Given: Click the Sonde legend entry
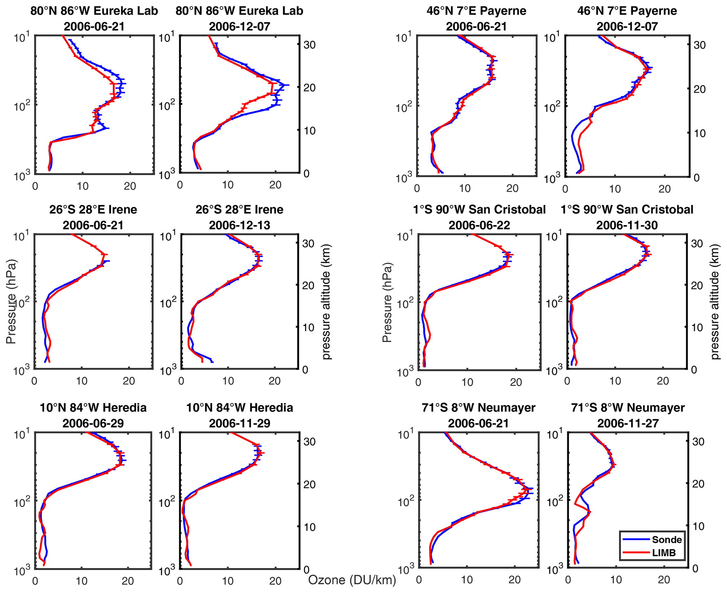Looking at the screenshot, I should click(666, 540).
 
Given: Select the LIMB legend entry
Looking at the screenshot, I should click(664, 553).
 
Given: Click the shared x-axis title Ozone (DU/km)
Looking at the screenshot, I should click(352, 580).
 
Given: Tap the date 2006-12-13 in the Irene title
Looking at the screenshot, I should click(240, 225).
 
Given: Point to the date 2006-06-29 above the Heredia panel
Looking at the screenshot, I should click(93, 423).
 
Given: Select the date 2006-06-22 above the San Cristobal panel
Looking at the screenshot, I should click(479, 225).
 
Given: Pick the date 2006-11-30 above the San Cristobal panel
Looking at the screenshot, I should click(627, 225).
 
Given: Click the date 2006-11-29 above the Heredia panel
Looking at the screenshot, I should click(240, 423).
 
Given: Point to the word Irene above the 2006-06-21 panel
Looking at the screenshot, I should click(123, 210).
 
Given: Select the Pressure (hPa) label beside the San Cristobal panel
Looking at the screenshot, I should click(387, 302).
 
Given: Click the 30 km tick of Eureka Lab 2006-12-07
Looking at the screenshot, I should click(309, 45).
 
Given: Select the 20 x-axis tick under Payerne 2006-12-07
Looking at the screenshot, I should click(664, 189).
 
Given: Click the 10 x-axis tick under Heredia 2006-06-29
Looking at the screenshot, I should click(82, 581).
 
